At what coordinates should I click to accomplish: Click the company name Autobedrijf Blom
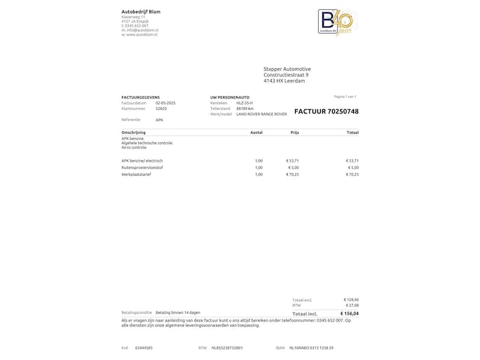click(140, 12)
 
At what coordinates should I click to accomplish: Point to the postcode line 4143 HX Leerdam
click(284, 81)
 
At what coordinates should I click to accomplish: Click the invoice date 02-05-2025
click(165, 103)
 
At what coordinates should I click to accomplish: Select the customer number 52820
click(161, 109)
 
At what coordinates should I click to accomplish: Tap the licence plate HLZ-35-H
click(245, 103)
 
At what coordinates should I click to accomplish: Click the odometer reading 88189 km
click(245, 109)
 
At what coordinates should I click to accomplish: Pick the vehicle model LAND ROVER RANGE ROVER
click(261, 113)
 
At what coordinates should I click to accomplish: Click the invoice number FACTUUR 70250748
click(326, 111)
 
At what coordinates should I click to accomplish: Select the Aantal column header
click(256, 132)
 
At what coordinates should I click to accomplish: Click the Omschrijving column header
click(134, 132)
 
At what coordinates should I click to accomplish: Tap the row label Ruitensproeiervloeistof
click(142, 167)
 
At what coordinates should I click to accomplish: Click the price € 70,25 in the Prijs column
click(293, 174)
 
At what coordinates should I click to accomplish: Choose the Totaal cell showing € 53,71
click(352, 160)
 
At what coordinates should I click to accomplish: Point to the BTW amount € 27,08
click(352, 305)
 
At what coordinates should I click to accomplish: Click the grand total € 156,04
click(350, 313)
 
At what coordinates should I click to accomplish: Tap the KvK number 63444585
click(144, 347)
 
